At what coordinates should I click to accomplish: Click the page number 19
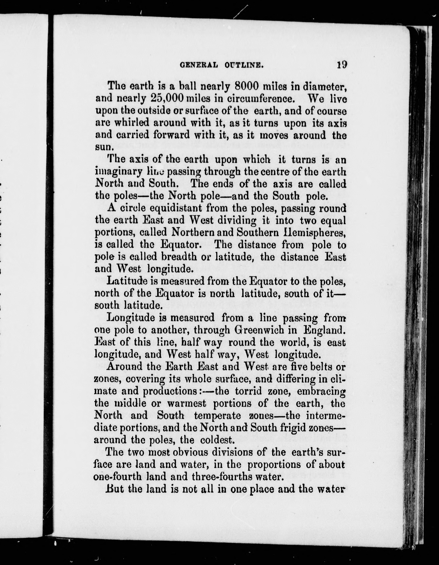pos(342,64)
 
